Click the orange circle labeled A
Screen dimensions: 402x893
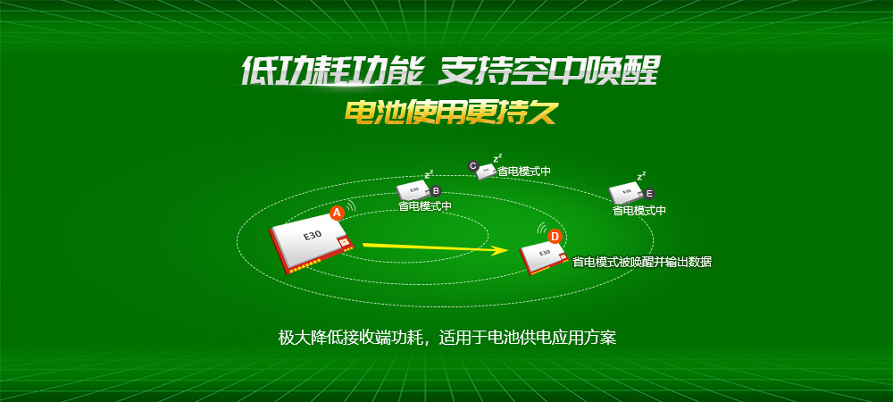(x=337, y=213)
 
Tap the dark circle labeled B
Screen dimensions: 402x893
(x=436, y=190)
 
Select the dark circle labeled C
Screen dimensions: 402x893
(x=473, y=165)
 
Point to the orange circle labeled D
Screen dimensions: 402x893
(x=555, y=236)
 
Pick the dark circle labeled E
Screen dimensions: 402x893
(x=649, y=193)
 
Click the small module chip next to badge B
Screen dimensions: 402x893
(x=414, y=189)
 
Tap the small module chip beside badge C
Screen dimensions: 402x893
(x=487, y=172)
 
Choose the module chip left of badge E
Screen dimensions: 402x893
(x=625, y=192)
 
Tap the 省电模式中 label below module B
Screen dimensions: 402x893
(x=425, y=206)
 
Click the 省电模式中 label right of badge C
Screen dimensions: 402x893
(x=524, y=170)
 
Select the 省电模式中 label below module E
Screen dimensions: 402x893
(x=639, y=211)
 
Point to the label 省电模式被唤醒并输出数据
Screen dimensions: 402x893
(x=642, y=262)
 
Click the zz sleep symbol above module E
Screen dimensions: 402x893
(x=641, y=177)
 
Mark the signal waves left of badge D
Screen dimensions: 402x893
(x=541, y=230)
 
